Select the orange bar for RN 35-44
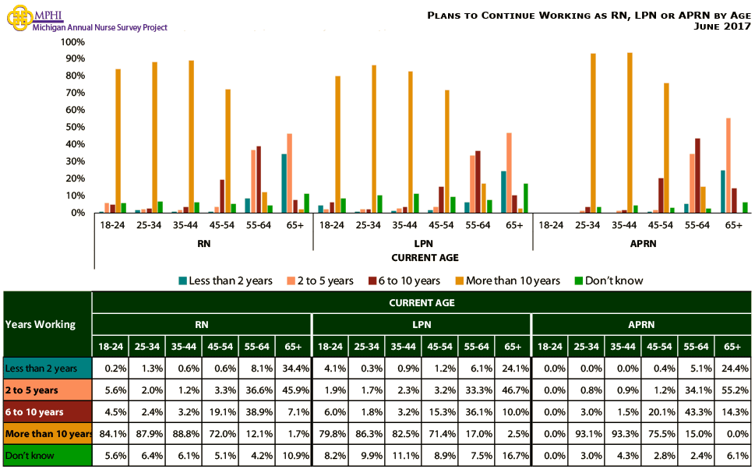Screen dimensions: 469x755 [x=192, y=136]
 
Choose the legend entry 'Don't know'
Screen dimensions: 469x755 [x=609, y=280]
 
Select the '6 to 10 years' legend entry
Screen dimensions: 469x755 [x=403, y=280]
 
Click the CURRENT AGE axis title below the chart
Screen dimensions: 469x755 [x=425, y=257]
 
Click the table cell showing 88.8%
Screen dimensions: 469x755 [x=183, y=433]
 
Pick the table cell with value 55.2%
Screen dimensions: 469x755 [x=732, y=390]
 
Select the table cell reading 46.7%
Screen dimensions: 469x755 [x=512, y=390]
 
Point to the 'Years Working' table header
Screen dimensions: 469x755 [x=41, y=324]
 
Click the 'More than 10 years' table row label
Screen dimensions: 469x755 [x=47, y=433]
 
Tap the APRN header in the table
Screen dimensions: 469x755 [x=640, y=324]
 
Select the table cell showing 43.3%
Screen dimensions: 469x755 [x=696, y=411]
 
